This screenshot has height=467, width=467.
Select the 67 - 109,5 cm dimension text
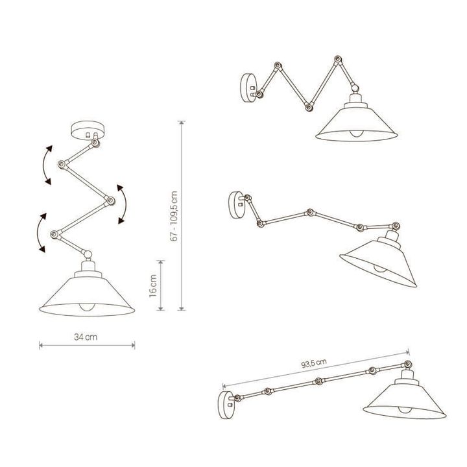(x=174, y=217)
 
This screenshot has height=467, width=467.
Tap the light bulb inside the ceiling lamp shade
(x=86, y=307)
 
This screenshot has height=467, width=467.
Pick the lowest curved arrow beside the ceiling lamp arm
(x=40, y=232)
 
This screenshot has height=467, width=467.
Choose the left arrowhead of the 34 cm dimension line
(x=41, y=345)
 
